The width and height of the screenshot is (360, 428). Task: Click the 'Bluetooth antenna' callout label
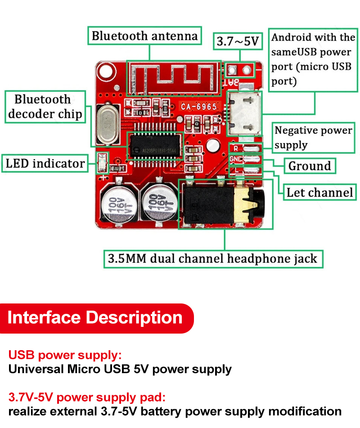[144, 36]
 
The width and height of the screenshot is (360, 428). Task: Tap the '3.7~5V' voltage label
[238, 41]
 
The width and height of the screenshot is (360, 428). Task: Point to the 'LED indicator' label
[45, 163]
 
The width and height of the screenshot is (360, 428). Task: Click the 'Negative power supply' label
[313, 138]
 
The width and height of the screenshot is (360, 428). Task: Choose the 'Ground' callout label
[310, 166]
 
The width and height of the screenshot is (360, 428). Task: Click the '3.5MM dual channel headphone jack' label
[213, 259]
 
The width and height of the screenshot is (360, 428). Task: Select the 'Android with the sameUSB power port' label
[313, 59]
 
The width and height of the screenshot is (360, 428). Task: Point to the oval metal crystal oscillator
[107, 124]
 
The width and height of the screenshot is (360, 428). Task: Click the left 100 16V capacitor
[118, 204]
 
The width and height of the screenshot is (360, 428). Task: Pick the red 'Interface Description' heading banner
[95, 318]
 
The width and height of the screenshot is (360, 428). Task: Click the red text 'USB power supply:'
[65, 355]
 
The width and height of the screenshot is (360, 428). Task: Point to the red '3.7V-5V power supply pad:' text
[87, 397]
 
